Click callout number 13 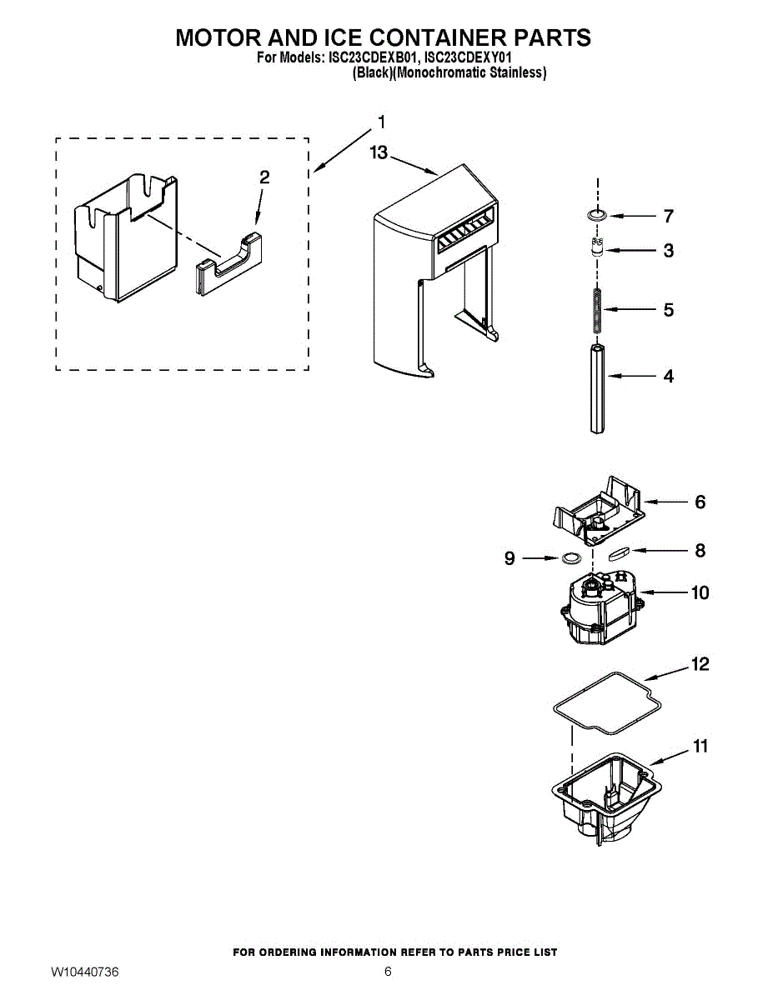[x=379, y=152]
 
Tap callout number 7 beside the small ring [x=668, y=217]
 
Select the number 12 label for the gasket [x=700, y=664]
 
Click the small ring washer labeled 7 [x=595, y=217]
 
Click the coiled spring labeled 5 [x=595, y=310]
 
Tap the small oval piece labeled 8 [x=620, y=552]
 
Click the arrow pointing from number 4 [x=634, y=377]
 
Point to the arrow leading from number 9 [x=540, y=558]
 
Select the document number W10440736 [x=84, y=972]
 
